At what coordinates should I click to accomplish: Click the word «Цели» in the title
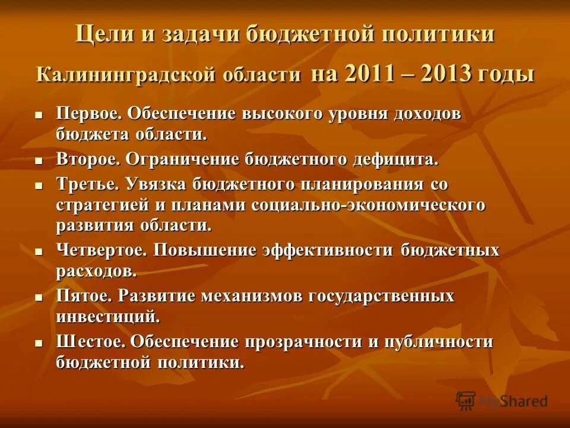102,34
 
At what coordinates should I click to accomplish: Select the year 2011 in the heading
368,74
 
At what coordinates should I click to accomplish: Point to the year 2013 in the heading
447,74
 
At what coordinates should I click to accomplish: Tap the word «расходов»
96,271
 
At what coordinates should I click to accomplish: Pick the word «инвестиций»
107,316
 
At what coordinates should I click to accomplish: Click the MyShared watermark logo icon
465,401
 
